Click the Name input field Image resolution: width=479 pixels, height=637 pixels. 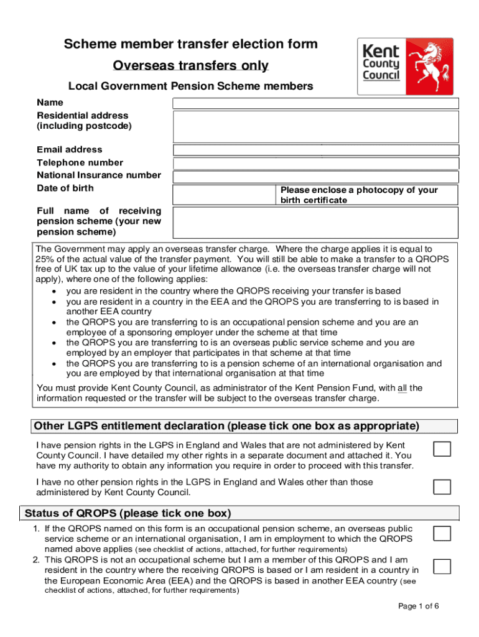pyautogui.click(x=315, y=103)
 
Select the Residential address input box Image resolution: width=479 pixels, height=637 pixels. pyautogui.click(x=315, y=127)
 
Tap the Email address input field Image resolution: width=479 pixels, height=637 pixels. pyautogui.click(x=315, y=150)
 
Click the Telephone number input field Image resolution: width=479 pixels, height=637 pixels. pyautogui.click(x=315, y=164)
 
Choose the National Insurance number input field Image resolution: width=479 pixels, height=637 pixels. pyautogui.click(x=315, y=177)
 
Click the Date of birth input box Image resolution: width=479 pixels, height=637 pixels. pyautogui.click(x=224, y=195)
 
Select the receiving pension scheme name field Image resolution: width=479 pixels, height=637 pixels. pyautogui.click(x=315, y=222)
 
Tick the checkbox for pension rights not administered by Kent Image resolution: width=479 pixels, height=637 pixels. pyautogui.click(x=442, y=449)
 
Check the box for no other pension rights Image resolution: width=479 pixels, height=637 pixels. pyautogui.click(x=442, y=486)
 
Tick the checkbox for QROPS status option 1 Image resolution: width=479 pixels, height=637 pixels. pyautogui.click(x=442, y=533)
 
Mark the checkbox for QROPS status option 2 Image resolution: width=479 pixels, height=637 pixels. pyautogui.click(x=442, y=565)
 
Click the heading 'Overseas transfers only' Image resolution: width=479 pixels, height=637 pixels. pyautogui.click(x=190, y=65)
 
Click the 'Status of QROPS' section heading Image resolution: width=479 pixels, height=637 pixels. pyautogui.click(x=128, y=513)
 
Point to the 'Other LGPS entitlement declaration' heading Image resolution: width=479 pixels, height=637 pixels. pyautogui.click(x=226, y=426)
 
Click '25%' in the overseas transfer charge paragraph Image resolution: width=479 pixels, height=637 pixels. pyautogui.click(x=45, y=259)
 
